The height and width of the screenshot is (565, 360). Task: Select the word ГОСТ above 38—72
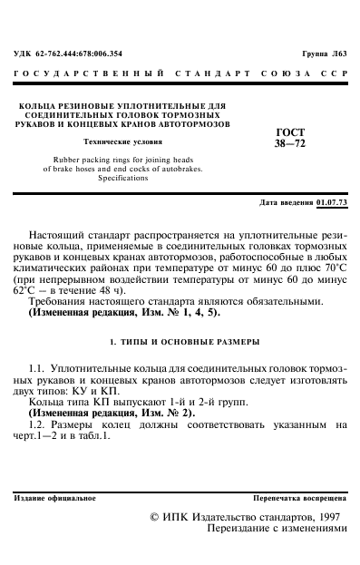[x=288, y=132]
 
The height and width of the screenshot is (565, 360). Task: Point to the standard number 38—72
[x=288, y=142]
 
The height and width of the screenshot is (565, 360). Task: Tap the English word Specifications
[x=123, y=179]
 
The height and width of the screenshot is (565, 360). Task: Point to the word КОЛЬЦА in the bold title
[x=43, y=106]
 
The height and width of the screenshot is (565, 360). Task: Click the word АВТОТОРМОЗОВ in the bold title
[x=193, y=124]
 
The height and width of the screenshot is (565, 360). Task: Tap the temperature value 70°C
[x=330, y=268]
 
